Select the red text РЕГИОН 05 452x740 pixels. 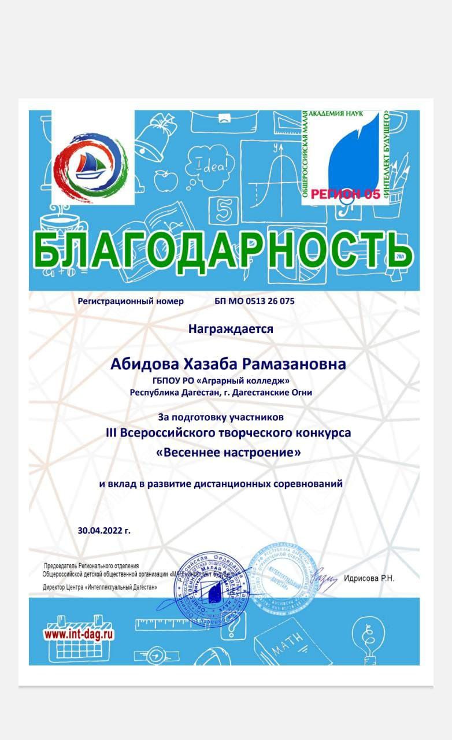[x=346, y=194]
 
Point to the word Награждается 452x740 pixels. [x=231, y=329]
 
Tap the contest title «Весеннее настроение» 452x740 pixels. [x=229, y=453]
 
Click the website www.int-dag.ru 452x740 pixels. [x=79, y=634]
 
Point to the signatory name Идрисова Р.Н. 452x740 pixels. [x=369, y=578]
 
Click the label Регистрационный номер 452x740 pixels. [x=130, y=301]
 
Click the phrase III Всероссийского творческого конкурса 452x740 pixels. [x=228, y=432]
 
